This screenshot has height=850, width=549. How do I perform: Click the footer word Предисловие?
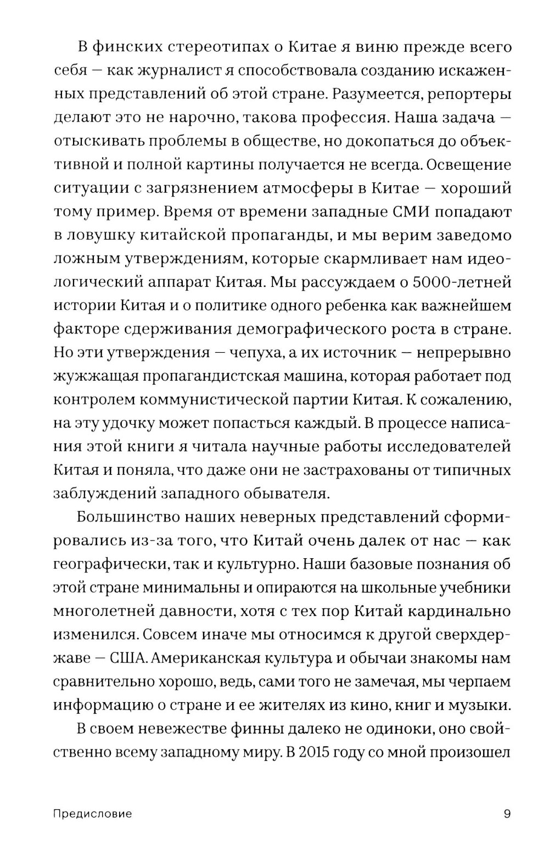(92, 814)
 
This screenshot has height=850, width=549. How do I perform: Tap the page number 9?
(507, 814)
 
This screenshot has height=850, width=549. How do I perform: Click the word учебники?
(476, 588)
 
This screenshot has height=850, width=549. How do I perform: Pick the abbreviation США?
(128, 658)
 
